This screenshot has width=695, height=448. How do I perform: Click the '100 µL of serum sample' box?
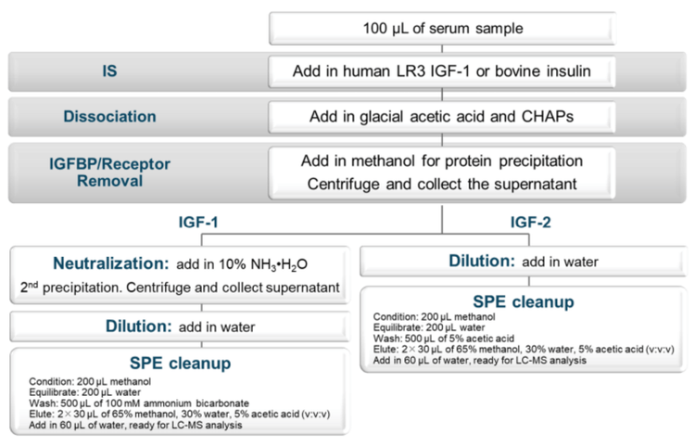(442, 29)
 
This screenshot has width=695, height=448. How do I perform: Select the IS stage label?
(109, 71)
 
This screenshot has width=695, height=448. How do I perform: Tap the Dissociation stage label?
(109, 116)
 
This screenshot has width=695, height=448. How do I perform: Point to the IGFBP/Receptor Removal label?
(109, 173)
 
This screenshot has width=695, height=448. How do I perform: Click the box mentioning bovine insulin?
(441, 71)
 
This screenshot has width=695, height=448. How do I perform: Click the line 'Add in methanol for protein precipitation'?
(442, 160)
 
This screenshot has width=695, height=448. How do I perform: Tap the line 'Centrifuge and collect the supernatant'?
(442, 184)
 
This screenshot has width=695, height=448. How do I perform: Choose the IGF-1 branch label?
(198, 222)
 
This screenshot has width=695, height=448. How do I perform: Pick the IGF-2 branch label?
(531, 222)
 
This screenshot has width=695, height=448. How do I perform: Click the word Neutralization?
(111, 263)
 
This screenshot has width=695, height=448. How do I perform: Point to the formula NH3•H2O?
(279, 264)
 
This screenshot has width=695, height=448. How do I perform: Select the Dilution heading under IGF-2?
(482, 261)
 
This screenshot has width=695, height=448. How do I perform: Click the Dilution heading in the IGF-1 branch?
(138, 326)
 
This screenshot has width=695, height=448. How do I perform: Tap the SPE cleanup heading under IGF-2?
(524, 301)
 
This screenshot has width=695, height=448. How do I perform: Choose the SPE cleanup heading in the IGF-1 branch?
(180, 363)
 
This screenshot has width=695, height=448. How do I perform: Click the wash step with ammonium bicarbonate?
(139, 403)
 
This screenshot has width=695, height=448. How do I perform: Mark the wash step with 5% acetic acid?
(444, 339)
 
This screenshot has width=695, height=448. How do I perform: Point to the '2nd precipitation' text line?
(180, 288)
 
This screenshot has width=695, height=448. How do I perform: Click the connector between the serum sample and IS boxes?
(442, 50)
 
